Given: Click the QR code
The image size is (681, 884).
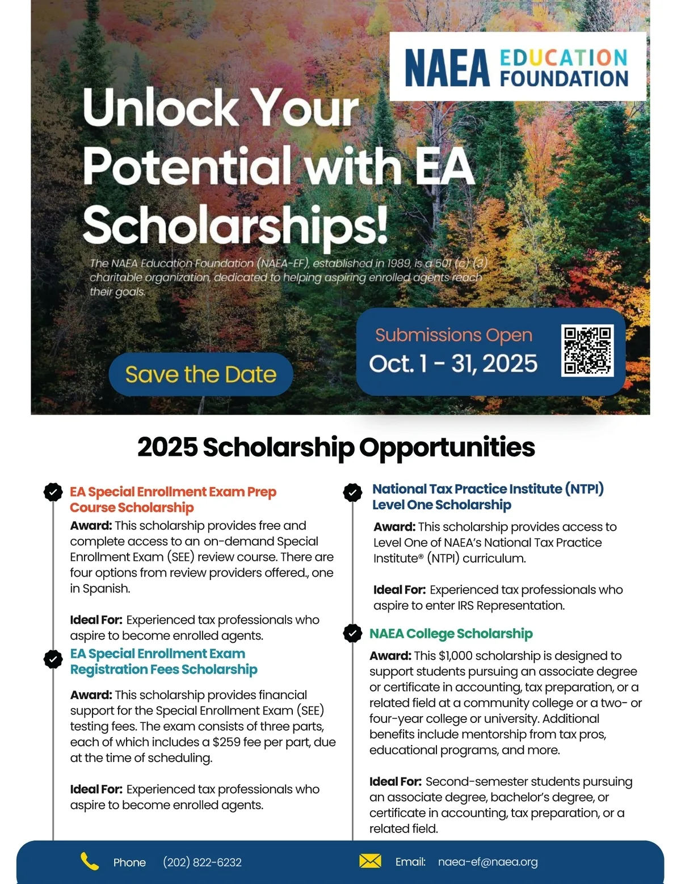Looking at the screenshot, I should [587, 350].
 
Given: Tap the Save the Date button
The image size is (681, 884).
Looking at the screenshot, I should [201, 374].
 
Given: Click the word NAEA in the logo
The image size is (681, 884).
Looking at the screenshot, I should [447, 68].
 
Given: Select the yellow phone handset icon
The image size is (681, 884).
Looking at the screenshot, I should [89, 861].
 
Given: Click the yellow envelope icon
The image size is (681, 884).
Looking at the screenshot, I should [370, 861].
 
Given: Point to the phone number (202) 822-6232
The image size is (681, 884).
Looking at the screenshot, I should [202, 862].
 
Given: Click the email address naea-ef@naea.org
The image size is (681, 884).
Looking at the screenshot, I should [487, 862].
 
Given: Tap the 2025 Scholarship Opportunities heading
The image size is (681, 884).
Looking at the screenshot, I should [336, 447].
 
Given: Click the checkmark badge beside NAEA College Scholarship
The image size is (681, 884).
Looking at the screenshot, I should [352, 633].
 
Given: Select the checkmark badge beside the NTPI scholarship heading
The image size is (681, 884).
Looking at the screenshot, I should [352, 492].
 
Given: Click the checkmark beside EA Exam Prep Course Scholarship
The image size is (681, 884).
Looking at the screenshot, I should [53, 492].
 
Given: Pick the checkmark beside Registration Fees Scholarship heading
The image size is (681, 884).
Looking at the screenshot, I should [53, 659].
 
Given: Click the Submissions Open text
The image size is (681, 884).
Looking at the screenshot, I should [453, 335].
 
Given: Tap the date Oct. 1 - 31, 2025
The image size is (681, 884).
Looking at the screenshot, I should [453, 363].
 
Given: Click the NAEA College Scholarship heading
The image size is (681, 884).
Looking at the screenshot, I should [451, 633].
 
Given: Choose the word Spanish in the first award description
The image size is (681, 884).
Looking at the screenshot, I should [106, 589].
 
